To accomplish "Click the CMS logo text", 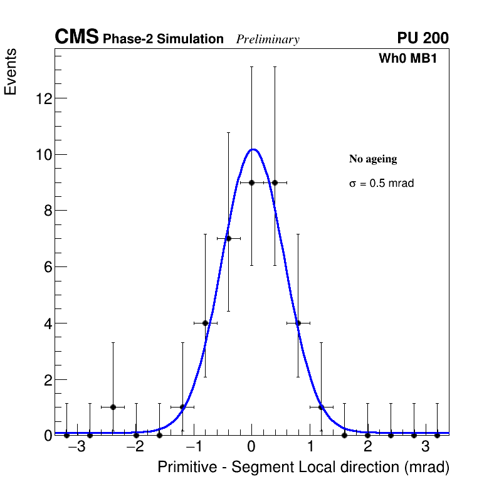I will point(76,38).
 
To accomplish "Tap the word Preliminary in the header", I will point(268,39).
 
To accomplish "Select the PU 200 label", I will point(423,38).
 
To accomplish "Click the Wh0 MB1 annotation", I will point(407,58).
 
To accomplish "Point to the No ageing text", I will point(373,159).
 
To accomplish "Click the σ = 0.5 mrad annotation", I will point(381,184).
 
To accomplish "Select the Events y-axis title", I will point(11,72).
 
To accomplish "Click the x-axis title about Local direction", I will point(303,467).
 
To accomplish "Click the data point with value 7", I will point(228,238).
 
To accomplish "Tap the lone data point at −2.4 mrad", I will point(113,407).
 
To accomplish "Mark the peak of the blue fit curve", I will point(252,149).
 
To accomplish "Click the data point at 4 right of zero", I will point(298,323).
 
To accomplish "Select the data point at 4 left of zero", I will point(205,323).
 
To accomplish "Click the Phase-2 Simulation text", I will point(163,39).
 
